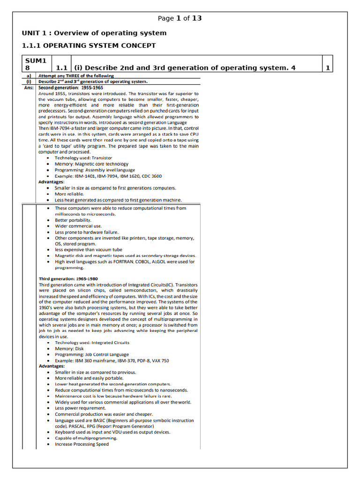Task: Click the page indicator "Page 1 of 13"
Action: click(x=180, y=18)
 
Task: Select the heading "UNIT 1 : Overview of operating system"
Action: click(x=94, y=33)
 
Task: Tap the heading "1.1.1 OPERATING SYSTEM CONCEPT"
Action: click(x=89, y=45)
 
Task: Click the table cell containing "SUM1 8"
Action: click(x=36, y=64)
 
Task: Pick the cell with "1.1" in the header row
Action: click(x=62, y=68)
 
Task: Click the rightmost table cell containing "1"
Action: click(x=328, y=68)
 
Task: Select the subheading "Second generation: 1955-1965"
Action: click(x=71, y=87)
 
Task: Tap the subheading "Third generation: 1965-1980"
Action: click(x=68, y=278)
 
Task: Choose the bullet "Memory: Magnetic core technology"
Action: click(x=91, y=164)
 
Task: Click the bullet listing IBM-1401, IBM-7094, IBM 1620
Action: click(x=108, y=176)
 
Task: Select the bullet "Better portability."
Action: click(x=73, y=220)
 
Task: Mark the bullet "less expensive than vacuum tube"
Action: click(x=88, y=250)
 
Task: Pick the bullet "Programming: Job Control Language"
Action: click(x=91, y=355)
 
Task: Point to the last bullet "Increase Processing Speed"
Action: click(x=82, y=444)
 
